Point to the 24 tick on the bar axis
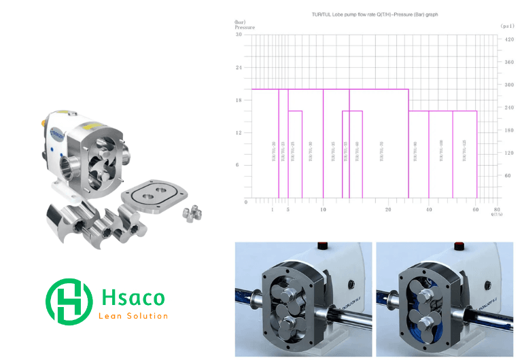point(238,68)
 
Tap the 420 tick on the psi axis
point(508,39)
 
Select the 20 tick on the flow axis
point(387,210)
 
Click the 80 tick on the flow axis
point(497,210)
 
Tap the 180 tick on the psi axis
point(508,130)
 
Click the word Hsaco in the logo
point(132,297)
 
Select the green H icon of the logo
point(68,302)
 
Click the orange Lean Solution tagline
point(133,317)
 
